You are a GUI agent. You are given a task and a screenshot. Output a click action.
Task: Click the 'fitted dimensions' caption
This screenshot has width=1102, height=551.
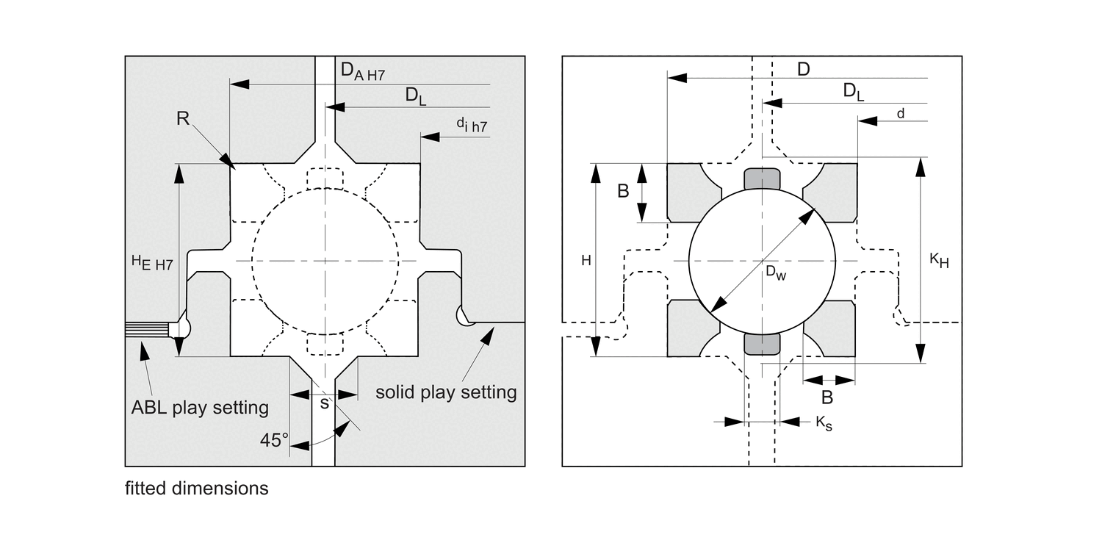(196, 488)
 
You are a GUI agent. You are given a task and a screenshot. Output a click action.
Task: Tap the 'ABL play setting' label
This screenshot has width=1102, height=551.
(199, 407)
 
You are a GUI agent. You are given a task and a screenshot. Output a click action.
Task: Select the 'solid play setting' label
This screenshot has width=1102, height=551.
(446, 392)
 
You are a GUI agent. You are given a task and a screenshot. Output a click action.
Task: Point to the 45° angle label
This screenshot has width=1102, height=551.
(274, 441)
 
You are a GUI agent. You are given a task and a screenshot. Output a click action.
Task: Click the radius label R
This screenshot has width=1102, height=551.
(183, 118)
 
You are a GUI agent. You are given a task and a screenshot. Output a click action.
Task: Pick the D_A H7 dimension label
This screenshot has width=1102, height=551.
(362, 71)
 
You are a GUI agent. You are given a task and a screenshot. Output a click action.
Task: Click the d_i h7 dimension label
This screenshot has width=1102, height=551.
(471, 126)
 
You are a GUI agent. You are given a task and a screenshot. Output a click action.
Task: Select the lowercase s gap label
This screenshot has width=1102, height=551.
(325, 403)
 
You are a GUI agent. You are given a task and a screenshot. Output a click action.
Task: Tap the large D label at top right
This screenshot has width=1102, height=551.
(803, 69)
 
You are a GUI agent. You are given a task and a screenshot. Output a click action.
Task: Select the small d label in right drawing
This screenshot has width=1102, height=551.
(900, 112)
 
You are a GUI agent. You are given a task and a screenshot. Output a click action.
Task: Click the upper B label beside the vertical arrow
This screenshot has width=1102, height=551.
(622, 191)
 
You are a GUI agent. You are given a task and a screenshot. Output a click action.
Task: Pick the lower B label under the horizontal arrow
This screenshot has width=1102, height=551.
(826, 397)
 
